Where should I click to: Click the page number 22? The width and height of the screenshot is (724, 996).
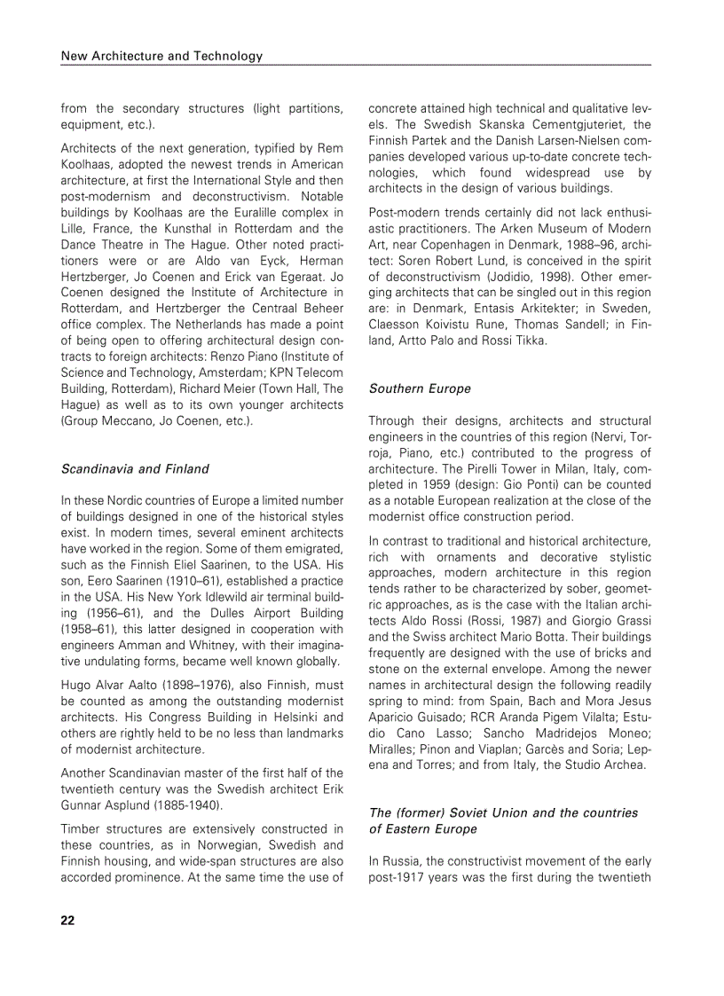(67, 920)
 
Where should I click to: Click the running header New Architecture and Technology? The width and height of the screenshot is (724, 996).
(161, 56)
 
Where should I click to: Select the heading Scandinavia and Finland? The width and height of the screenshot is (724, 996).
(135, 468)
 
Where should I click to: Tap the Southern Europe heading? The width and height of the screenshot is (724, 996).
(420, 388)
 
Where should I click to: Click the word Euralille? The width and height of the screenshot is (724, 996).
(257, 212)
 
